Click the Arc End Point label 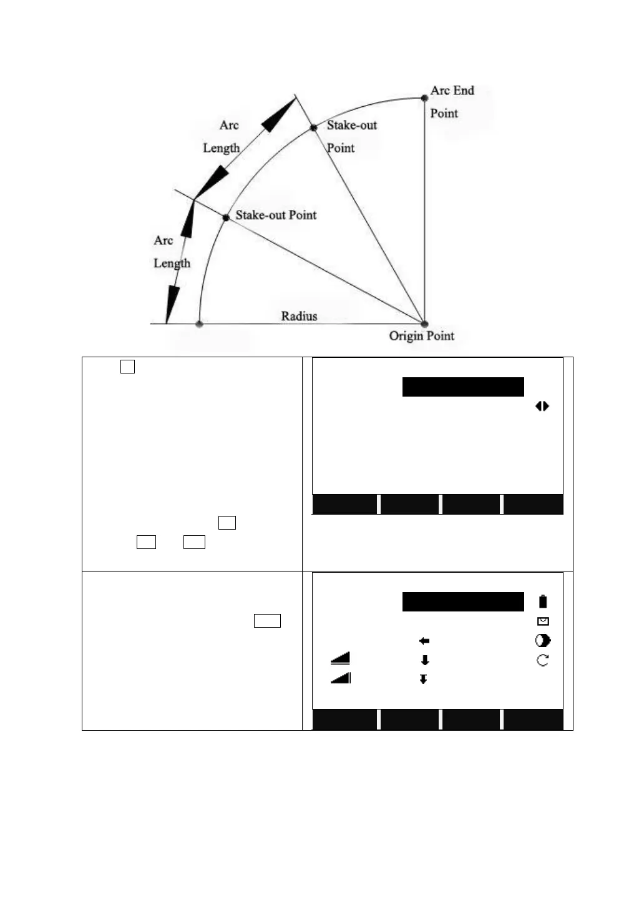point(451,101)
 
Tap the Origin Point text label point(421,336)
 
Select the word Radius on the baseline point(299,316)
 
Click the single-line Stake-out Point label point(276,215)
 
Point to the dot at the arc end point point(424,98)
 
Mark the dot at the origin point point(424,324)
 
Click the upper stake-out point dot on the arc point(314,128)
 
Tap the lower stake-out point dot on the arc point(226,217)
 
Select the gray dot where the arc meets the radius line point(199,324)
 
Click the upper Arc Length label point(222,136)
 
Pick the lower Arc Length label point(171,252)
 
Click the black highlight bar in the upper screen point(463,387)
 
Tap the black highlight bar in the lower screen point(463,601)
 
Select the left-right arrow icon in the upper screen point(542,406)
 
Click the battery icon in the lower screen point(543,601)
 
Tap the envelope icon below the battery point(543,621)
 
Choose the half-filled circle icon point(543,641)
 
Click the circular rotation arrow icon point(543,660)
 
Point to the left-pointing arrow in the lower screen point(424,641)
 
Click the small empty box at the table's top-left point(127,367)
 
